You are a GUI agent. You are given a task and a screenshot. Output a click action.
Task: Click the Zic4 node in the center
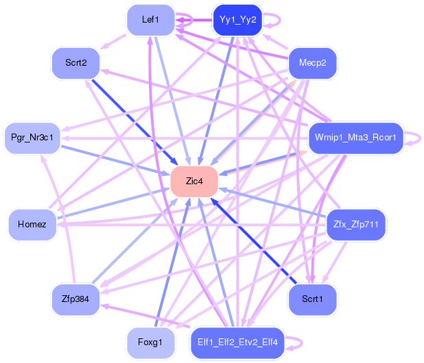(x=194, y=181)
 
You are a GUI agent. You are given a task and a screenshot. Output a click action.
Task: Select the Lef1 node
(x=151, y=20)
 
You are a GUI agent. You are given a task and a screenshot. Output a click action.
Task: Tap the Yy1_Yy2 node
(x=237, y=20)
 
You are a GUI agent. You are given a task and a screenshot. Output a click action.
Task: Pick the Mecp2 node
(x=313, y=63)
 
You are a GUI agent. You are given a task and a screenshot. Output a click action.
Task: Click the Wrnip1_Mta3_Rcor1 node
(x=355, y=138)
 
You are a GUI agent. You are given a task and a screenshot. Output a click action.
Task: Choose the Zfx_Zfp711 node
(x=356, y=224)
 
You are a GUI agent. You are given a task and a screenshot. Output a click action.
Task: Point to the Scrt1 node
(x=312, y=299)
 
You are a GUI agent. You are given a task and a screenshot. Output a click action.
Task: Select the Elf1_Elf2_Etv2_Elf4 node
(x=237, y=342)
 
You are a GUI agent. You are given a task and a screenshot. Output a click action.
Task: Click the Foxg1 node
(x=150, y=342)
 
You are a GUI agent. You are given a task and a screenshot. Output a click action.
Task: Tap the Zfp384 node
(x=75, y=299)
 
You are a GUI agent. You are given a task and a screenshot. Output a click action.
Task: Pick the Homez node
(x=32, y=224)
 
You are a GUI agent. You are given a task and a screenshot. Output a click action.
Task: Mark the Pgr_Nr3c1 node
(x=32, y=138)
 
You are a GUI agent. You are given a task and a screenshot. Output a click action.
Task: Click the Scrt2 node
(x=75, y=63)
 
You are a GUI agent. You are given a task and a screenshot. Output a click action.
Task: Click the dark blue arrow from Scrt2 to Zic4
(x=134, y=122)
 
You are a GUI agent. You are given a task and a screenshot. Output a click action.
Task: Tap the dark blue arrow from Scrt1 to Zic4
(x=253, y=240)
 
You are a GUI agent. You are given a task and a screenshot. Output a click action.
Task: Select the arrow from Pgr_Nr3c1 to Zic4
(x=115, y=160)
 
